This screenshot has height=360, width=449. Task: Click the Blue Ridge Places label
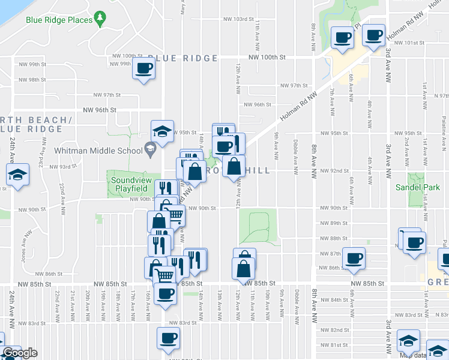pos(59,20)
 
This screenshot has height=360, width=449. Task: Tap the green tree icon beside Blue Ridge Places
pos(102,19)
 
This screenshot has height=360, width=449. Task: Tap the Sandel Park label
pos(417,187)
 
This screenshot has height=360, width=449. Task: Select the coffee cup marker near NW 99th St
pos(144,68)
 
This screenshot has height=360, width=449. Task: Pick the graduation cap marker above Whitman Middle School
pos(162,130)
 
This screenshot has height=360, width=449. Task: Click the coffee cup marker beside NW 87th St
pos(354,257)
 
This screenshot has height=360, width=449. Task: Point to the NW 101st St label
pos(411,43)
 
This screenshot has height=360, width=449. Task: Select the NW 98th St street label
pos(32,80)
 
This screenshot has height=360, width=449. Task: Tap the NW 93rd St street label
pos(61,167)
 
